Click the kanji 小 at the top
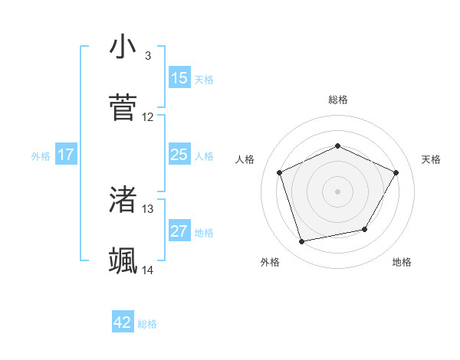click(123, 47)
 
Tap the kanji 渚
click(123, 200)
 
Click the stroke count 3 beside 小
click(147, 56)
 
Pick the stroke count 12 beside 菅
click(148, 117)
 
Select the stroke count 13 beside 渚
click(148, 208)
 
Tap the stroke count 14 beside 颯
click(148, 270)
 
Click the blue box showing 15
click(179, 78)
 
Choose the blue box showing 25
click(179, 155)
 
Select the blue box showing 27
click(179, 231)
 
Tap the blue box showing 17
click(66, 155)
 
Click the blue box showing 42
click(123, 323)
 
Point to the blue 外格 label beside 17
click(41, 155)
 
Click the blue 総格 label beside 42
click(147, 324)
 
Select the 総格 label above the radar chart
click(337, 100)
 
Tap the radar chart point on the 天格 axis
click(396, 172)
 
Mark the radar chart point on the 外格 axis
click(301, 242)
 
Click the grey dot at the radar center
click(337, 191)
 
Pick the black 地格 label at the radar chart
click(401, 262)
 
